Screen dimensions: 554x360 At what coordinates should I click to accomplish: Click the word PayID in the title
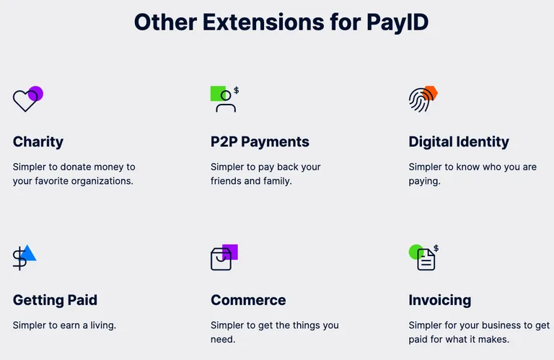[397, 22]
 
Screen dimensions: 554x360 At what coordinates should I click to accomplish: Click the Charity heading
[38, 142]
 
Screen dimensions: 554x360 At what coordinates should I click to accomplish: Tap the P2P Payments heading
[260, 142]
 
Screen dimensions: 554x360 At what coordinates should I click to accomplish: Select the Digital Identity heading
[459, 142]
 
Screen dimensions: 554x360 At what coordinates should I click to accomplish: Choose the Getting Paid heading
[55, 300]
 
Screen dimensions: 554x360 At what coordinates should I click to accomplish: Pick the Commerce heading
[248, 300]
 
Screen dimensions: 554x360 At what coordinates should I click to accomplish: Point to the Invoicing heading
[440, 300]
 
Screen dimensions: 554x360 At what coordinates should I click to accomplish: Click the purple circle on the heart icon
[35, 94]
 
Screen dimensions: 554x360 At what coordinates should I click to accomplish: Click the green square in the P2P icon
[218, 94]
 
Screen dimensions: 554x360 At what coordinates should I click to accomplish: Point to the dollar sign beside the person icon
[237, 90]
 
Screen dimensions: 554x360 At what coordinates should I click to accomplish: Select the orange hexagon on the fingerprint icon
[431, 93]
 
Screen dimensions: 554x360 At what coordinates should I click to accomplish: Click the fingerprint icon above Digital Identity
[421, 100]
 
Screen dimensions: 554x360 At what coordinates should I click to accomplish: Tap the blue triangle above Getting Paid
[28, 253]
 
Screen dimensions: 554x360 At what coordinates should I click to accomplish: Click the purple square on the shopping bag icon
[230, 252]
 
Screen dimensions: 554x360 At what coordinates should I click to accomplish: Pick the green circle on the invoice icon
[416, 252]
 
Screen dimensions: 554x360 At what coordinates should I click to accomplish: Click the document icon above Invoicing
[426, 260]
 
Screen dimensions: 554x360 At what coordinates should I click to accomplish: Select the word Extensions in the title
[263, 22]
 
